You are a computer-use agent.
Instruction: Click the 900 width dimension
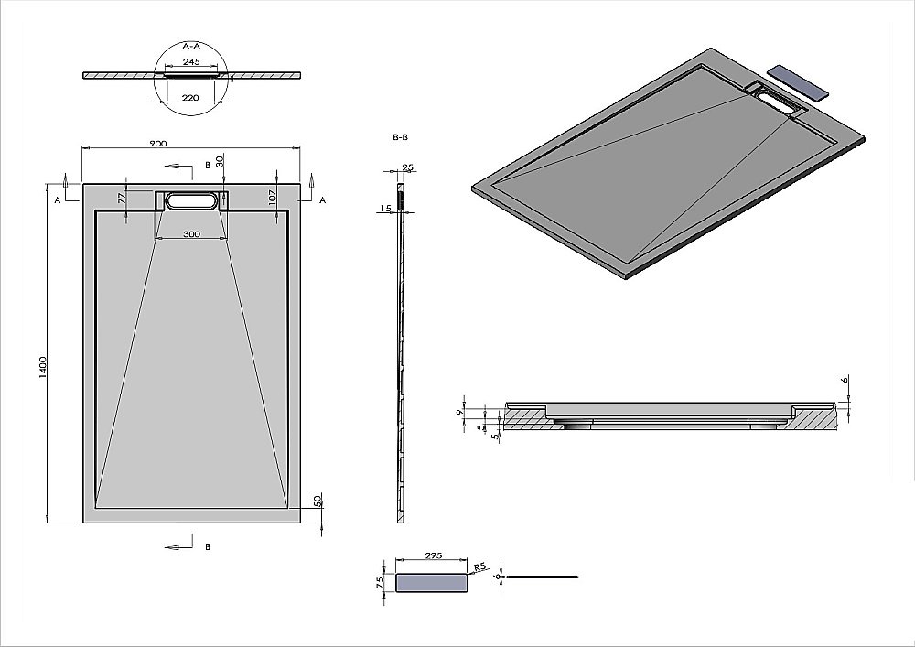pyautogui.click(x=157, y=144)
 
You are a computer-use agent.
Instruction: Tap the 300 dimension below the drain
pyautogui.click(x=191, y=234)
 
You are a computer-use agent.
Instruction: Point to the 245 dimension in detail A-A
pyautogui.click(x=192, y=62)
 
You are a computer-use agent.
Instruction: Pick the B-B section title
pyautogui.click(x=400, y=136)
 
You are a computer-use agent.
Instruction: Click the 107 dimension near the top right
pyautogui.click(x=273, y=196)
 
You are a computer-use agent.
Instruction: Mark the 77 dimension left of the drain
pyautogui.click(x=122, y=197)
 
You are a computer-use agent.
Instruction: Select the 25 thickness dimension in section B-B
pyautogui.click(x=408, y=167)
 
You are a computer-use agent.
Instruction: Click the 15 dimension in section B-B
pyautogui.click(x=385, y=210)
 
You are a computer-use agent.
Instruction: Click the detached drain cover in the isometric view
pyautogui.click(x=800, y=82)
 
